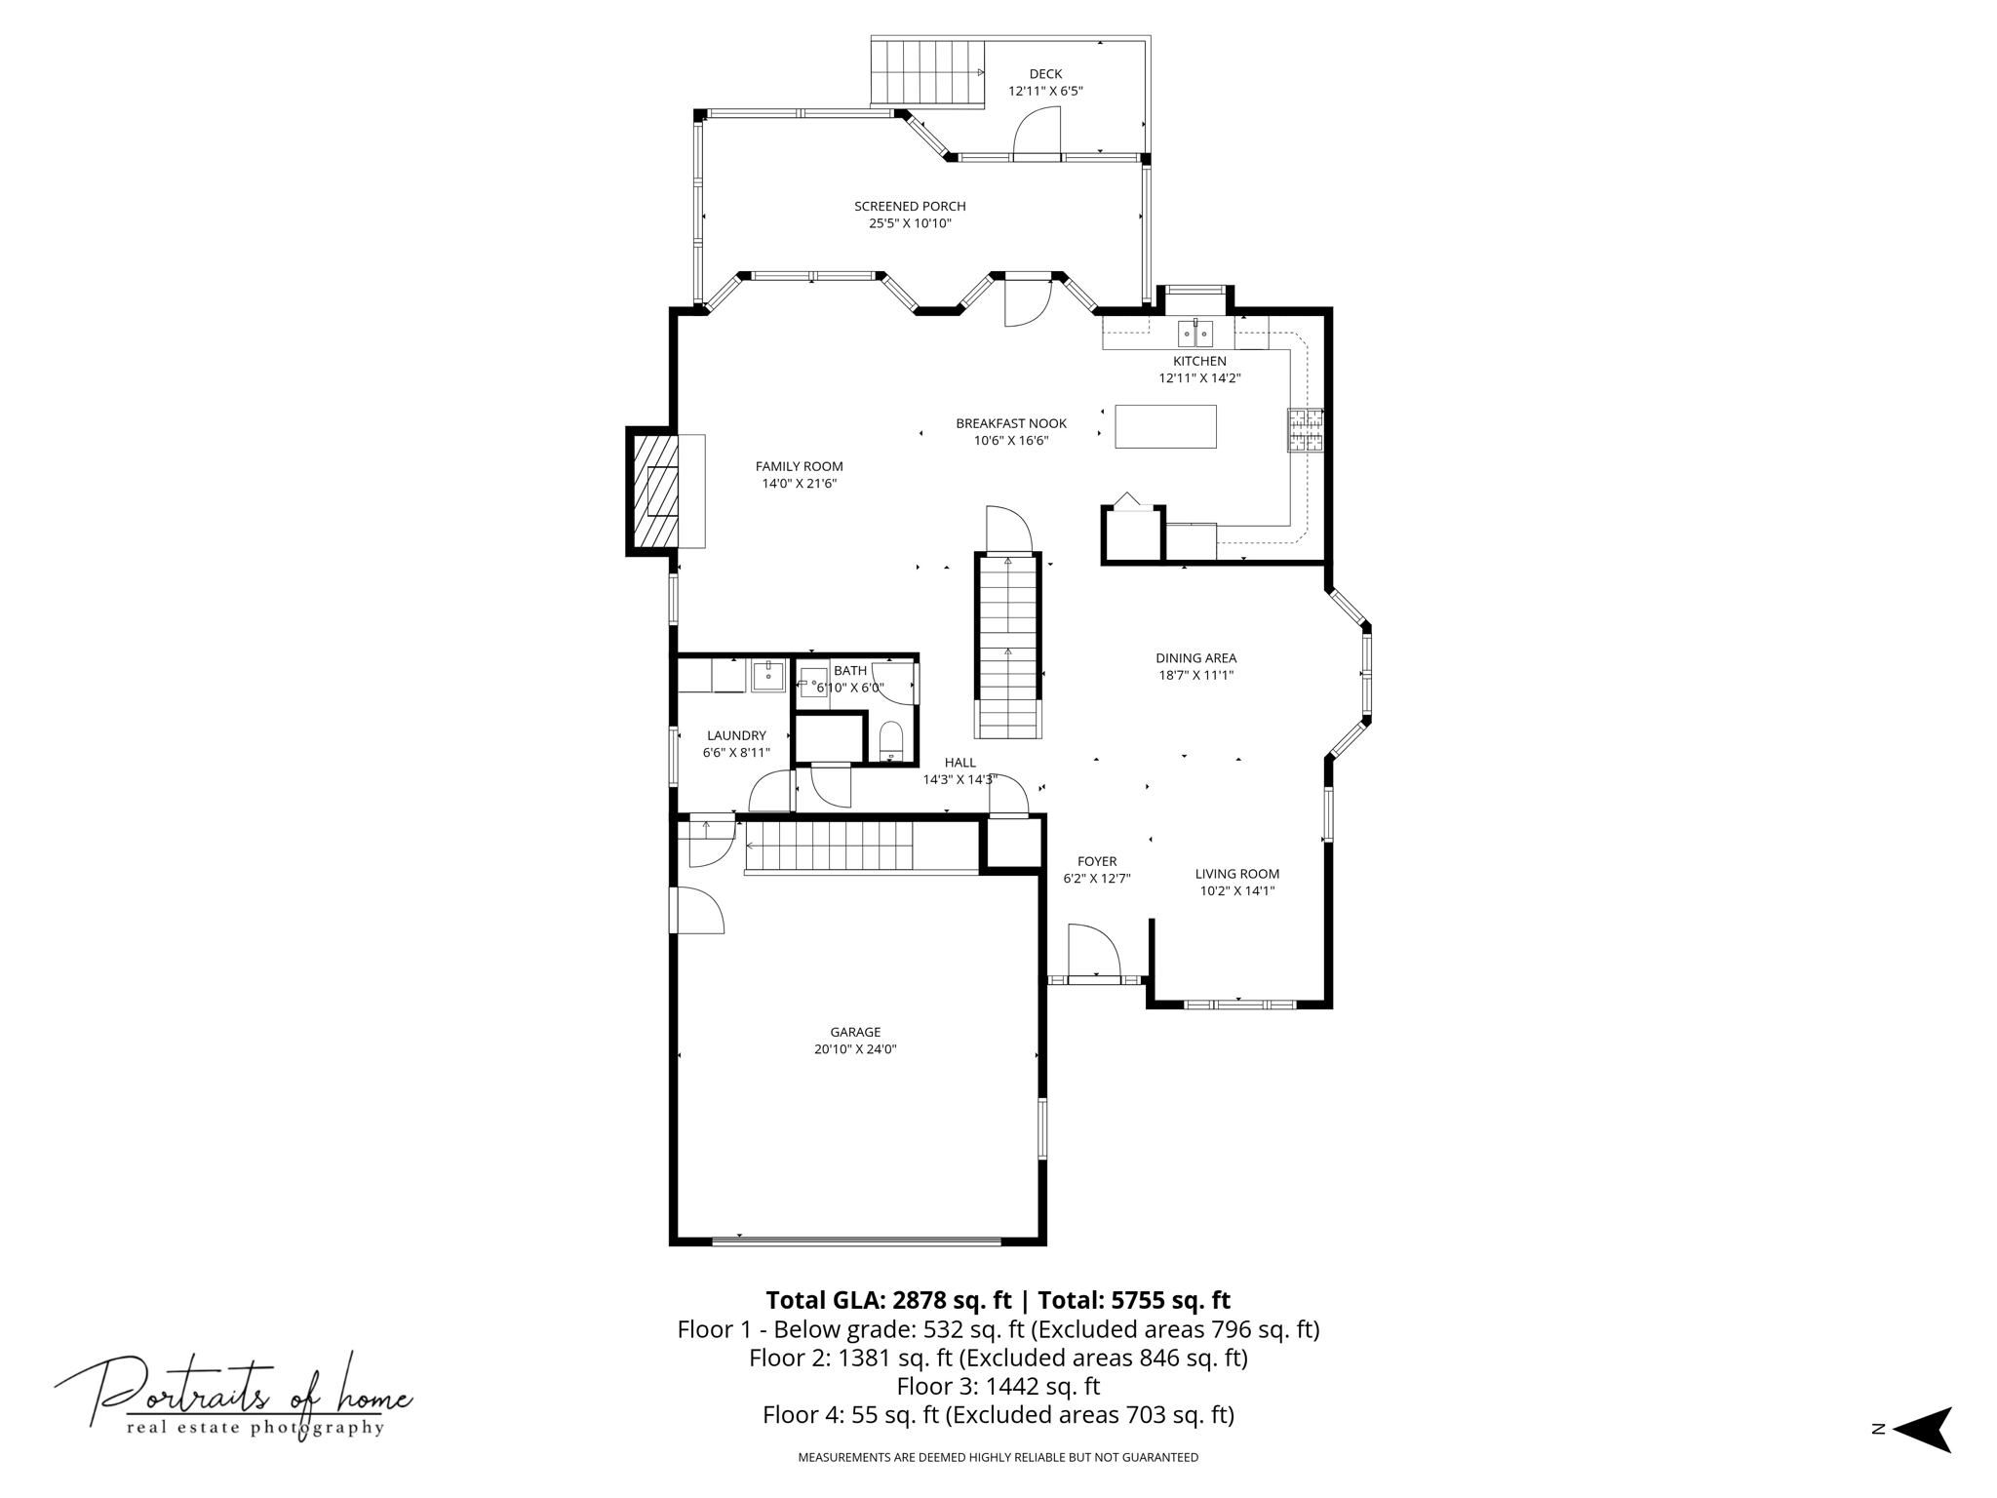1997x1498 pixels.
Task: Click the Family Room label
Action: pos(799,467)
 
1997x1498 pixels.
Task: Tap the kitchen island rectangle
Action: pos(1165,426)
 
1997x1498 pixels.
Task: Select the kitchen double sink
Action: pos(1195,333)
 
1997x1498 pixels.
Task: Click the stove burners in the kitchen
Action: pos(1305,430)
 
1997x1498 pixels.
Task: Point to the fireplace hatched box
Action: pos(656,492)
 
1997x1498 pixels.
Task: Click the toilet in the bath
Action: pos(891,740)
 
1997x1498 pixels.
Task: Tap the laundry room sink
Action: pos(768,675)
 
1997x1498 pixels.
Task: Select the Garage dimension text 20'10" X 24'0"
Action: pos(855,1049)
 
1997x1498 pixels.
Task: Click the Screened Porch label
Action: pos(910,207)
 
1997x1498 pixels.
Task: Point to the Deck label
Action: pos(1045,74)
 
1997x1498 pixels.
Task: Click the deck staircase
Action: pos(926,72)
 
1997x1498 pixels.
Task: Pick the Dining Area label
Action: pos(1195,658)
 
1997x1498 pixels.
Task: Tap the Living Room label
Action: pos(1237,874)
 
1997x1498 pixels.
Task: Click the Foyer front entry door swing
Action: pos(1093,951)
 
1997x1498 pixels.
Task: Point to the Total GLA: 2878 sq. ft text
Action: pos(888,1300)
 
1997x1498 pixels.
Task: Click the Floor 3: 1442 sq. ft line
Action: pos(998,1386)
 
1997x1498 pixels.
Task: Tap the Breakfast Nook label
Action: pos(1011,423)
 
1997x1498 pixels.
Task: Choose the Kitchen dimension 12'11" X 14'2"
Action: pos(1199,378)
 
